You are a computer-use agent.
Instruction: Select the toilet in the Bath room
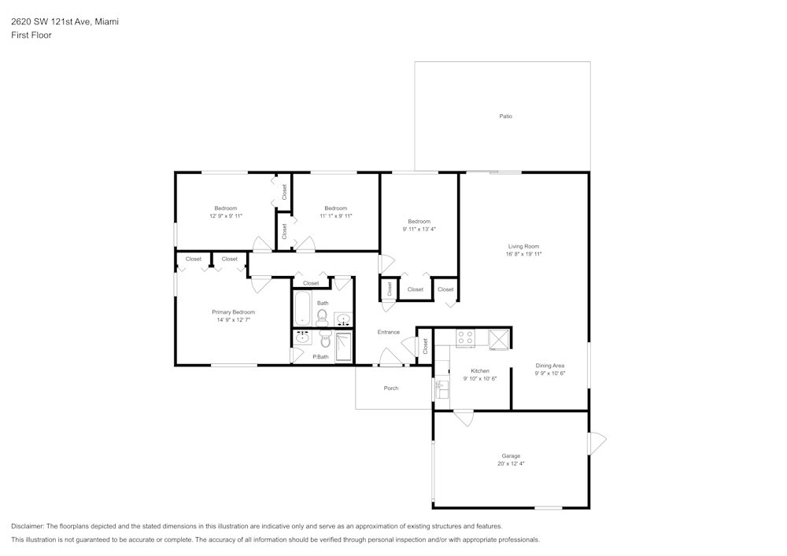322,317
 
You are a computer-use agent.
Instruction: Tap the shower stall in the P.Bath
344,347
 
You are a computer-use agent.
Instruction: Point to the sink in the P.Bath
303,338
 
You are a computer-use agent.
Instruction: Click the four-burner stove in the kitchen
465,338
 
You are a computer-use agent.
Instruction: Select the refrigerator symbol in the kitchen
499,339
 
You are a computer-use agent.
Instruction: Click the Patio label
505,116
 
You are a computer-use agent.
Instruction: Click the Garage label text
511,456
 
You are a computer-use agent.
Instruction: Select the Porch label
390,388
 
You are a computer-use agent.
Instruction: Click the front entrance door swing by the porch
389,359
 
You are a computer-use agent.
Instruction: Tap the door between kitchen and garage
464,418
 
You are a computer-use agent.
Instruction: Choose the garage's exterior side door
597,443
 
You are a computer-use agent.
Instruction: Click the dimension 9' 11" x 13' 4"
419,230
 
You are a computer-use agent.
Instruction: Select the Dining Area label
550,366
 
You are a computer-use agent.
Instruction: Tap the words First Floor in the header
31,35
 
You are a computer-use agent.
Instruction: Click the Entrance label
388,332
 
